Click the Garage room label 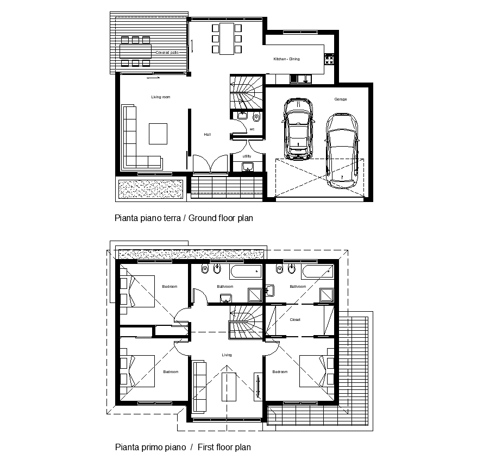tap(341, 99)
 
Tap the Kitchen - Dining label tap(286, 59)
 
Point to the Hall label tap(207, 134)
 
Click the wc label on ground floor tap(252, 129)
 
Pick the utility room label tap(247, 156)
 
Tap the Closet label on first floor tap(295, 320)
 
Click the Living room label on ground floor tap(160, 97)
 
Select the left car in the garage tap(299, 129)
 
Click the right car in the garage tap(342, 149)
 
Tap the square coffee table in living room tap(158, 134)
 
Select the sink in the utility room tap(248, 167)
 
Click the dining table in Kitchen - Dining tap(225, 38)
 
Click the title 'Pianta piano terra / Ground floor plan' tap(184, 218)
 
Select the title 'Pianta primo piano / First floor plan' tap(183, 448)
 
